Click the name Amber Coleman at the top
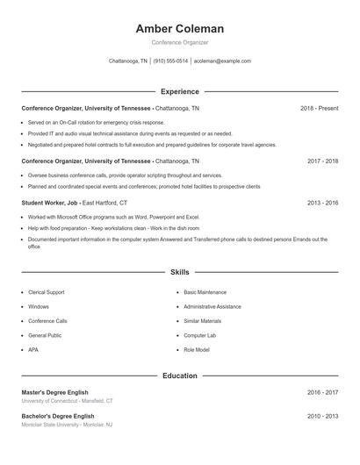coord(179,28)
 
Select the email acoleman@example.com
coord(222,61)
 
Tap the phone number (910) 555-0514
coord(171,61)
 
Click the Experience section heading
coord(179,91)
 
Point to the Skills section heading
coord(179,272)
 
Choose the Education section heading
coord(179,376)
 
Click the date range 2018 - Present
coord(319,108)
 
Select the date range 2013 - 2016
coord(322,202)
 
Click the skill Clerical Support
coord(46,291)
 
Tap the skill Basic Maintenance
coord(205,291)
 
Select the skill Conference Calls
coord(47,321)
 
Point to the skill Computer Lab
coord(200,335)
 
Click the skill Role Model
coord(197,350)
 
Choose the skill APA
coord(32,350)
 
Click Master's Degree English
coord(54,392)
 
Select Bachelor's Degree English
coord(57,416)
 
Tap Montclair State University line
coord(67,425)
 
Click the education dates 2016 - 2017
coord(322,392)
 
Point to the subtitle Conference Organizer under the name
coord(179,42)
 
